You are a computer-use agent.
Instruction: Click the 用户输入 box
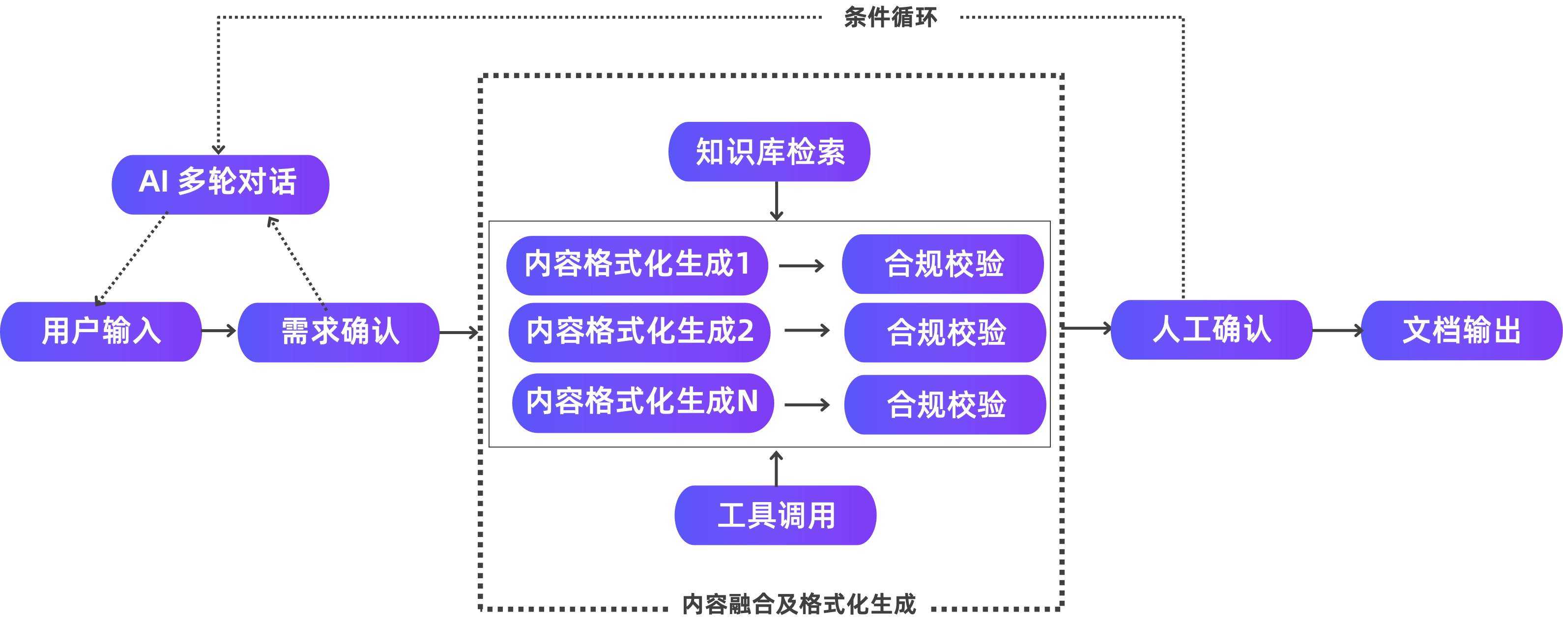click(101, 331)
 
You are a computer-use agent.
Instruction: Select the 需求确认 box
click(339, 332)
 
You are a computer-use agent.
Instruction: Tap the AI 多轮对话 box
click(220, 184)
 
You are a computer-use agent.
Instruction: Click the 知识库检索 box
click(769, 152)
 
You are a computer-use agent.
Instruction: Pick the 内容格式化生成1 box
click(637, 265)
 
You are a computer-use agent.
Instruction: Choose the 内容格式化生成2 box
click(639, 332)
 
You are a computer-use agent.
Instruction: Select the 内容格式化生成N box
click(642, 402)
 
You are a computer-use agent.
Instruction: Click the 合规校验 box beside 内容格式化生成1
click(942, 264)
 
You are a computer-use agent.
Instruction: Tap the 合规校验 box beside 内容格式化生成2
click(945, 332)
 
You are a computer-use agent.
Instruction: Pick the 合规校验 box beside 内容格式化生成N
click(945, 404)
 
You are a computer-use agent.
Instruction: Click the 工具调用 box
click(776, 515)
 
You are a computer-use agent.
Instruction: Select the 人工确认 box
click(1211, 329)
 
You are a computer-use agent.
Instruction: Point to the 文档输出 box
click(1461, 331)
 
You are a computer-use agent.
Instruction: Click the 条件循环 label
click(891, 18)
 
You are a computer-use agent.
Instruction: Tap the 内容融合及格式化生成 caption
click(799, 604)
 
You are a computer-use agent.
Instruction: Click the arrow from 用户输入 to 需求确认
click(219, 331)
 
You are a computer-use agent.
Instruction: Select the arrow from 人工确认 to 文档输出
click(1337, 331)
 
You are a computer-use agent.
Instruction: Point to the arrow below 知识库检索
click(777, 201)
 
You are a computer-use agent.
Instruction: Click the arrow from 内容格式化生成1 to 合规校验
click(802, 266)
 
